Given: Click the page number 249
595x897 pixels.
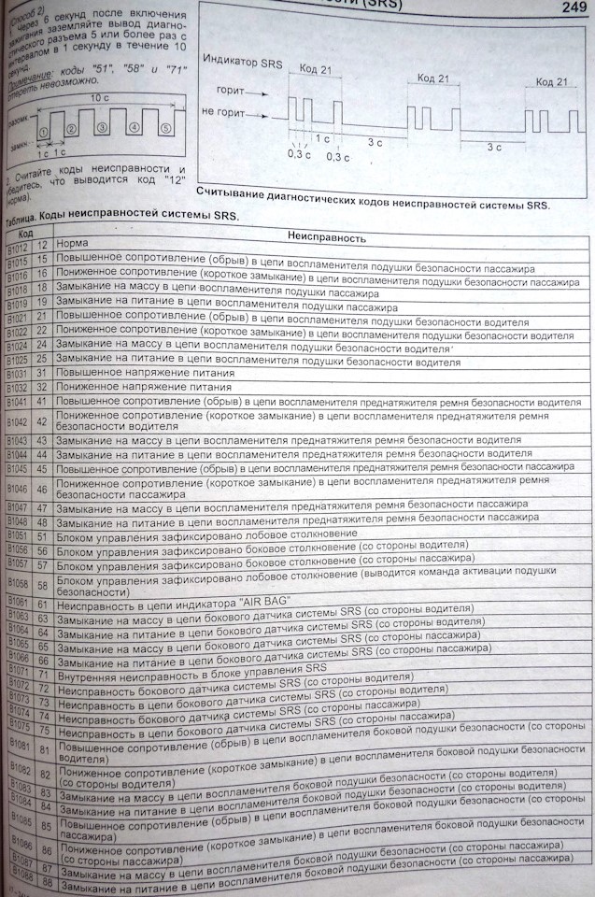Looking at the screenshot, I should tap(569, 8).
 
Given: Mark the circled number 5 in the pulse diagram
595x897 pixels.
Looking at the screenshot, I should tap(165, 129).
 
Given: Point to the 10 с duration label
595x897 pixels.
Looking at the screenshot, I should tap(102, 96).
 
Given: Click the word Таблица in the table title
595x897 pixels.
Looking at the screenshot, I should tap(28, 215).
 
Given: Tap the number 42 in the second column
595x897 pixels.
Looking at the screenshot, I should tap(42, 420).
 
